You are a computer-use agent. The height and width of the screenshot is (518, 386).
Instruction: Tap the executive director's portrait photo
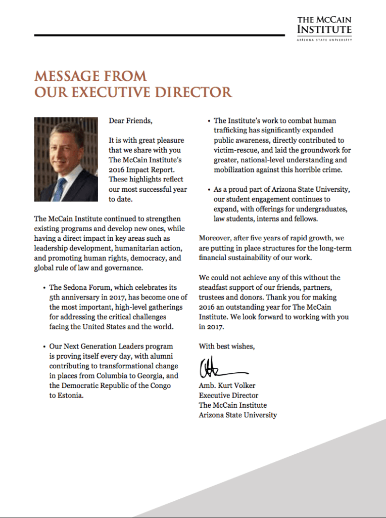pyautogui.click(x=66, y=159)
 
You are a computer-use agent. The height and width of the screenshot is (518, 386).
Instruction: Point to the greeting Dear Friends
pyautogui.click(x=130, y=121)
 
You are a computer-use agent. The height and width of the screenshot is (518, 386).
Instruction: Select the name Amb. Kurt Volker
pyautogui.click(x=227, y=386)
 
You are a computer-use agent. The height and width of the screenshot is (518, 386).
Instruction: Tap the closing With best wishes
pyautogui.click(x=227, y=347)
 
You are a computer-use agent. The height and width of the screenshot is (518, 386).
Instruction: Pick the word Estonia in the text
pyautogui.click(x=68, y=396)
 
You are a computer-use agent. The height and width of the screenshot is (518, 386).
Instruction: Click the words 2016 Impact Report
pyautogui.click(x=135, y=169)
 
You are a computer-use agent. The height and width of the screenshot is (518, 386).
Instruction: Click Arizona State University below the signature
pyautogui.click(x=237, y=415)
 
